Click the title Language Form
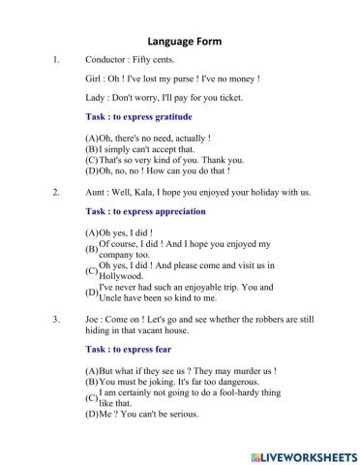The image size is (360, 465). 184,42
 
